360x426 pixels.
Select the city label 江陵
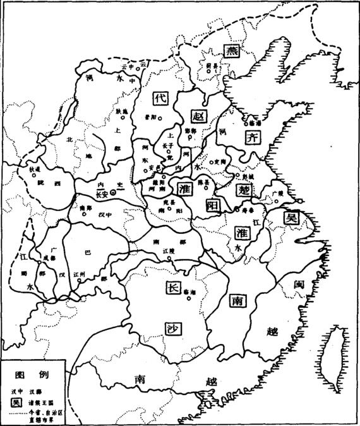167,251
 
